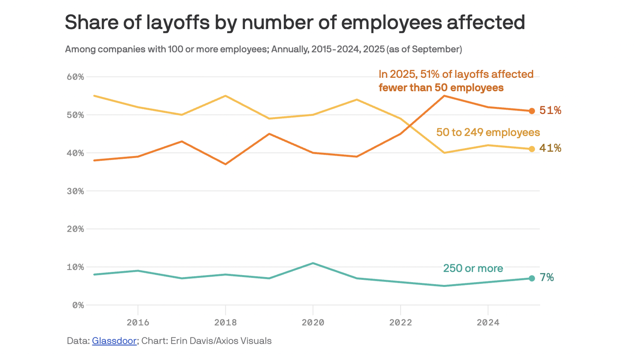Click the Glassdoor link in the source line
pos(114,341)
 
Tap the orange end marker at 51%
pos(532,111)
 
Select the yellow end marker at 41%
pos(532,149)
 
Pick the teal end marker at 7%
pos(532,278)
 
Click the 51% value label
pos(550,111)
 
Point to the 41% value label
pos(550,149)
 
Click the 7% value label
pos(547,278)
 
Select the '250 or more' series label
pos(473,269)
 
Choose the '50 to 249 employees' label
pos(488,133)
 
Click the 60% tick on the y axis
pos(74,77)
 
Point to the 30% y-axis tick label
pos(74,191)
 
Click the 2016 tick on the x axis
pos(138,322)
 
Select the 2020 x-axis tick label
pos(313,322)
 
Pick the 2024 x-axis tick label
pos(488,322)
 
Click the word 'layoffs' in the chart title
pos(174,22)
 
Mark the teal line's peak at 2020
pos(313,263)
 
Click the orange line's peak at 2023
pos(444,96)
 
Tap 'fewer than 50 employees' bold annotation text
pos(441,88)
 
